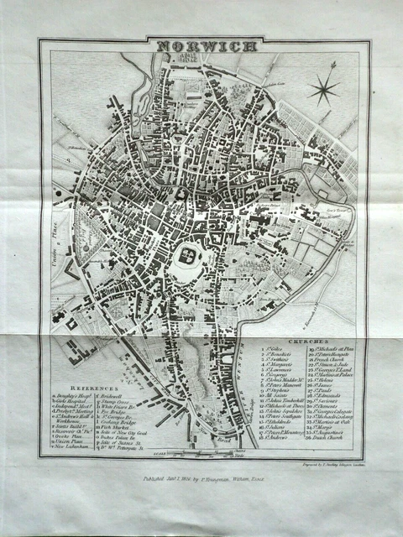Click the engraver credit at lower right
coord(332,463)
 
